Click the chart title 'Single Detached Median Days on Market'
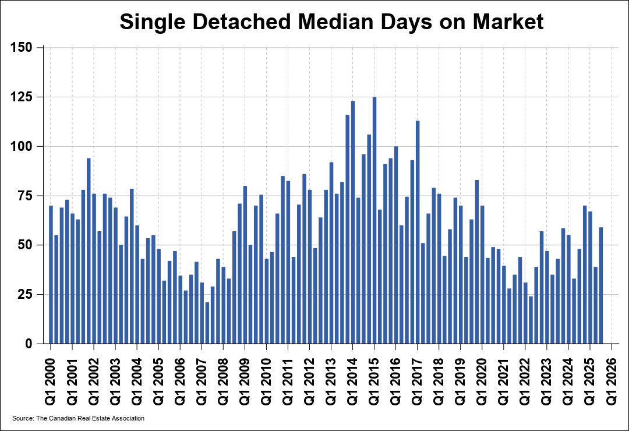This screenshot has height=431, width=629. click(x=331, y=22)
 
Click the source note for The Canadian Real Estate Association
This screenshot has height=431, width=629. click(x=78, y=418)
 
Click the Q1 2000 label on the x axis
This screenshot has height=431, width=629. click(x=51, y=379)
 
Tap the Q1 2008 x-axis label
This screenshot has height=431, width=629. click(x=224, y=379)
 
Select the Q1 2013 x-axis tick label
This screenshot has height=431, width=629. click(x=331, y=379)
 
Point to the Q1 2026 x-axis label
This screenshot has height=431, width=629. click(x=612, y=379)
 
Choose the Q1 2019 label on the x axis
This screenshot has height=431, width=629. click(x=461, y=379)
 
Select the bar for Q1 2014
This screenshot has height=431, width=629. click(x=353, y=222)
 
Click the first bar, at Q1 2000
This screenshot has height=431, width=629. click(x=51, y=274)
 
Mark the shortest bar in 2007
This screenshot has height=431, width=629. click(x=207, y=323)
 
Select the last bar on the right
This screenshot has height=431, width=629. click(x=601, y=285)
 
